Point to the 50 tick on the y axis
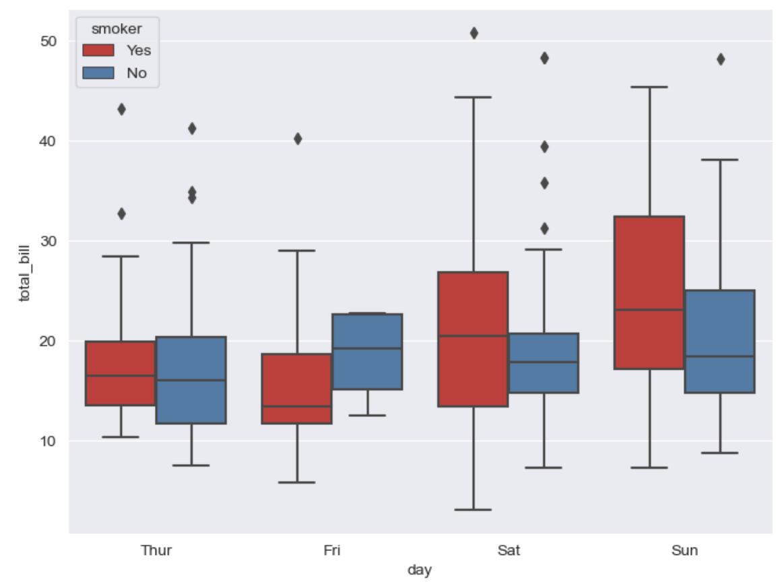point(48,41)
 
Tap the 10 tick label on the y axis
point(48,440)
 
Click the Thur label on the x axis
point(156,550)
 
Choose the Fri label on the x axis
point(332,550)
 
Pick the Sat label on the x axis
point(509,550)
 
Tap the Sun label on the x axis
point(684,550)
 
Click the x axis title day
point(420,570)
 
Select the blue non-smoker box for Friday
point(367,351)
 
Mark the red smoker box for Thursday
point(121,373)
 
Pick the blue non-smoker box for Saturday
point(544,363)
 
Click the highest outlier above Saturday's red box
point(473,33)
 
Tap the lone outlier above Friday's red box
point(297,139)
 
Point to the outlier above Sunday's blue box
point(720,59)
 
